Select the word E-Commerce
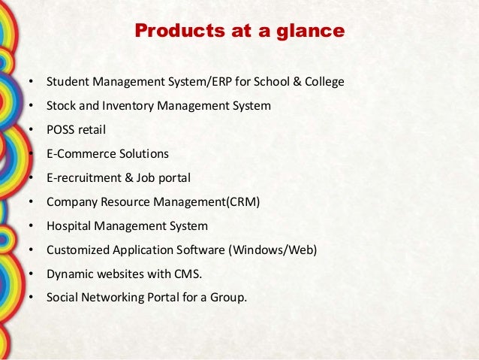(x=79, y=153)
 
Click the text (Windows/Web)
(x=273, y=250)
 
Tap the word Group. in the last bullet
(x=227, y=297)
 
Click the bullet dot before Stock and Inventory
(x=30, y=106)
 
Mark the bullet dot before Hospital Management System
(x=30, y=226)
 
